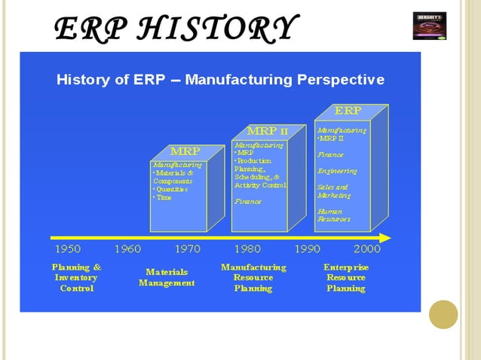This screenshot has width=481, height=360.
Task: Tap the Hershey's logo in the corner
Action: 430,25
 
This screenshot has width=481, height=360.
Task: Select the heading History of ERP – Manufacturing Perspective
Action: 220,80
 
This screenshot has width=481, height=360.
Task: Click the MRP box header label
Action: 185,151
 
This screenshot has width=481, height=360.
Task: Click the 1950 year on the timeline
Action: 69,249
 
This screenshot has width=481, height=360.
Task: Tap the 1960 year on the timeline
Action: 127,249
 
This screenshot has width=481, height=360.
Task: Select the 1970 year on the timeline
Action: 187,249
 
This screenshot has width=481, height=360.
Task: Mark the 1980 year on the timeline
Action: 247,249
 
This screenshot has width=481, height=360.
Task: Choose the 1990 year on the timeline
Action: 307,249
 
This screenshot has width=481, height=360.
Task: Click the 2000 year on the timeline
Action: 366,249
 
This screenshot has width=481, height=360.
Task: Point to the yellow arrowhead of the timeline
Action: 385,238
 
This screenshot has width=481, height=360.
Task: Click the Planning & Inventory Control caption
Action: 76,277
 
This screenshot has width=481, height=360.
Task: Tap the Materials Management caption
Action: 167,277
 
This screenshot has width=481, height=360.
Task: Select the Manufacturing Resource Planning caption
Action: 253,277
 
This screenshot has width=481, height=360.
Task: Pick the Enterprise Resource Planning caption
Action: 346,277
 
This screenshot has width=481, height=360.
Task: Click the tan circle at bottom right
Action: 443,314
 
